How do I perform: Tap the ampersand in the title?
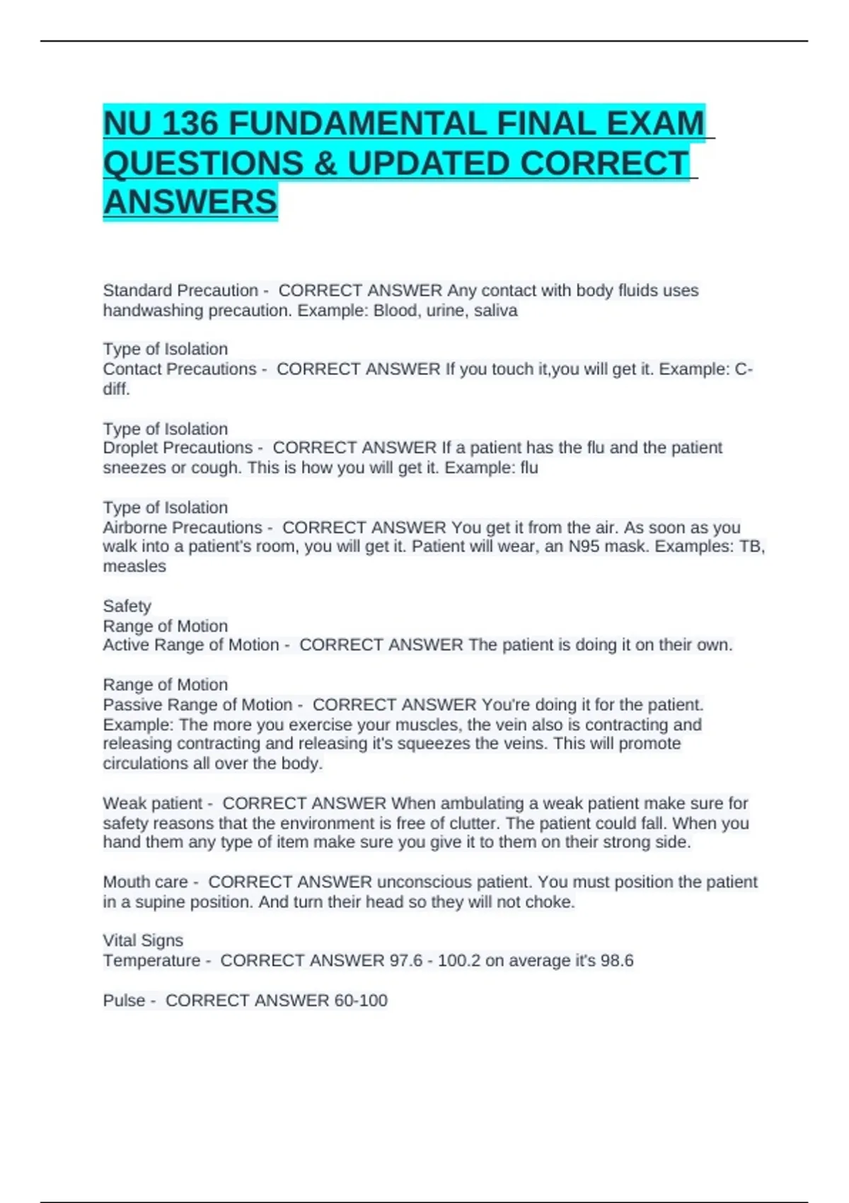point(325,163)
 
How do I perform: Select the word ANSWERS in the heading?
point(190,202)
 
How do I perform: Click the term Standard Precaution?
point(180,291)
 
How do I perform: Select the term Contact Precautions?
point(180,369)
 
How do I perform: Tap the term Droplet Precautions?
point(178,448)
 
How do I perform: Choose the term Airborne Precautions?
point(183,528)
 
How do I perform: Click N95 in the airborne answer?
point(585,547)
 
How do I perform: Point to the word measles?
point(134,567)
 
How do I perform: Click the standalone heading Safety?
point(127,606)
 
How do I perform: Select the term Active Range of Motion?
point(191,645)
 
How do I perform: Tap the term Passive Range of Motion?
point(197,705)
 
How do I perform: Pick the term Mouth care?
point(146,882)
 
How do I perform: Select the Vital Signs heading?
point(143,940)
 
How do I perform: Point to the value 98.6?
point(616,961)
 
